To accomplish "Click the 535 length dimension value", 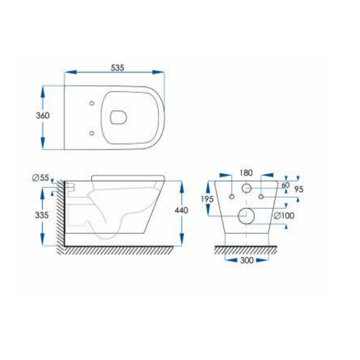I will point(117,68).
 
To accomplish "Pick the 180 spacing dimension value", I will point(246,174).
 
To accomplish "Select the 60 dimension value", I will point(285,185).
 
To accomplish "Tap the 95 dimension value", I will point(298,189).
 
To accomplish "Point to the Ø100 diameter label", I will point(283,216).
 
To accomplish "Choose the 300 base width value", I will point(246,261).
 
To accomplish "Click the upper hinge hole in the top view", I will point(92,103).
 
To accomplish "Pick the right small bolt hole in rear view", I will point(261,196).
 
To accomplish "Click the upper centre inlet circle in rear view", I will point(246,188).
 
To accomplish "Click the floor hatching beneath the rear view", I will point(246,251).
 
